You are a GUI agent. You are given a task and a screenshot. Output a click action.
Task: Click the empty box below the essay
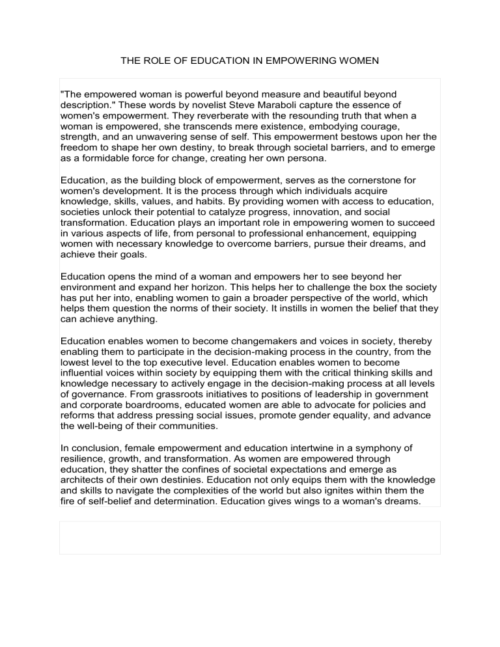249,537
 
